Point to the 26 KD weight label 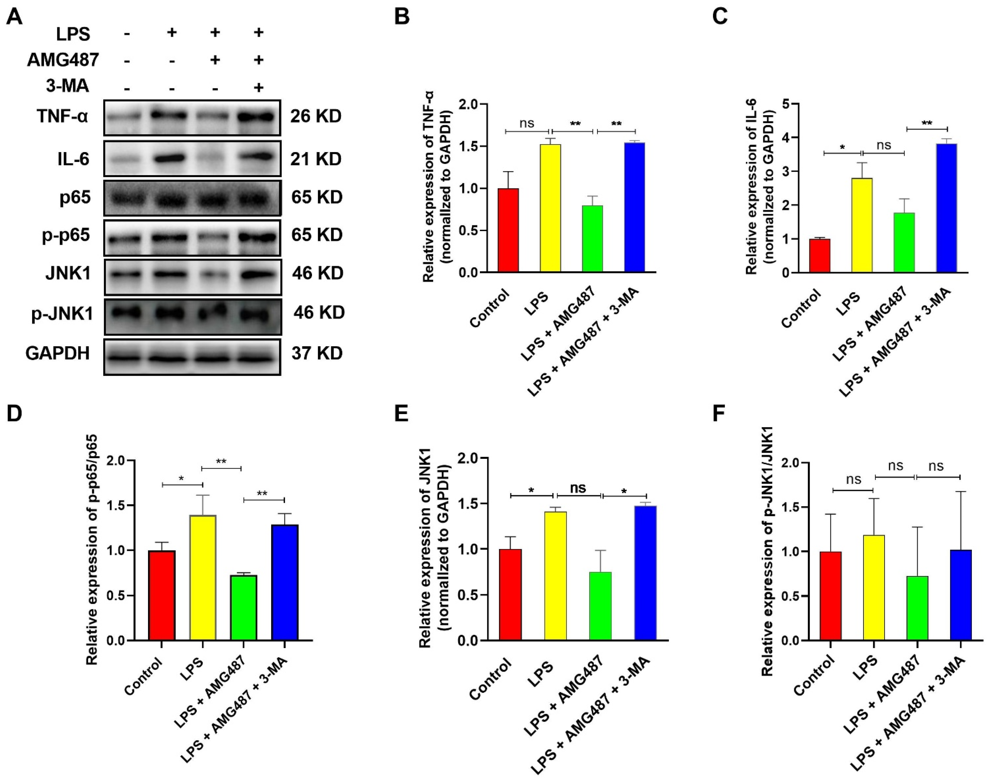click(316, 117)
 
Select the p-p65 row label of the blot click(66, 235)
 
